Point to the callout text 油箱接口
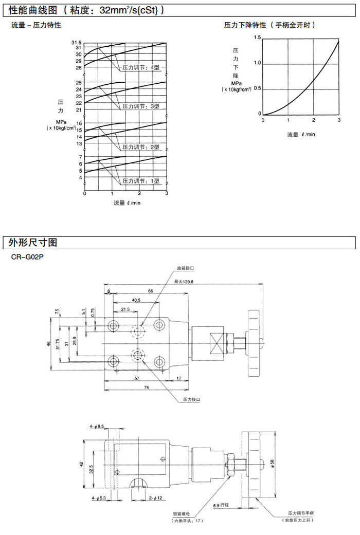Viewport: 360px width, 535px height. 185,268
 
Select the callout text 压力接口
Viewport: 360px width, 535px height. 191,399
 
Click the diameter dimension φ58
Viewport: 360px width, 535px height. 273,464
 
